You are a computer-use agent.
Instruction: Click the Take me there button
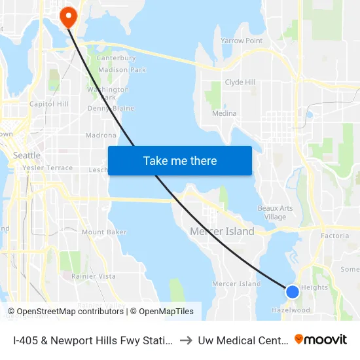click(x=180, y=160)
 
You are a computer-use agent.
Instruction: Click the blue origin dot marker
click(x=293, y=291)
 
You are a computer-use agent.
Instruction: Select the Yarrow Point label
click(x=242, y=41)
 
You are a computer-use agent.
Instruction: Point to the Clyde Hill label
click(x=240, y=82)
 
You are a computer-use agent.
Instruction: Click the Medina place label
click(x=224, y=113)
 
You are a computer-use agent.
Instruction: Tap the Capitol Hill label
click(x=49, y=104)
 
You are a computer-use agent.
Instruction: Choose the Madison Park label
click(x=122, y=70)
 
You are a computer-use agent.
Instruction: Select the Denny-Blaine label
click(x=111, y=109)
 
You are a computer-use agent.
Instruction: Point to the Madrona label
click(x=101, y=135)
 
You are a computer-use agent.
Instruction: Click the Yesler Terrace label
click(x=47, y=168)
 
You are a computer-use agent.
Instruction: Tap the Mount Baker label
click(x=104, y=232)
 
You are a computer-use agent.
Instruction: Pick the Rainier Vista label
click(x=94, y=276)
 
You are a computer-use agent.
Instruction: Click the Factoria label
click(x=334, y=236)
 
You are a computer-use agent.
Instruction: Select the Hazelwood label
click(x=291, y=310)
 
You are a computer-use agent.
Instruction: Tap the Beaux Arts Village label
click(x=275, y=213)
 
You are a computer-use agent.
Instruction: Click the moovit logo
click(x=321, y=339)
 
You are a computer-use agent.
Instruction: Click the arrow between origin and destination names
click(x=185, y=340)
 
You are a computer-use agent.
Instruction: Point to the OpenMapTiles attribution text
click(x=162, y=312)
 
